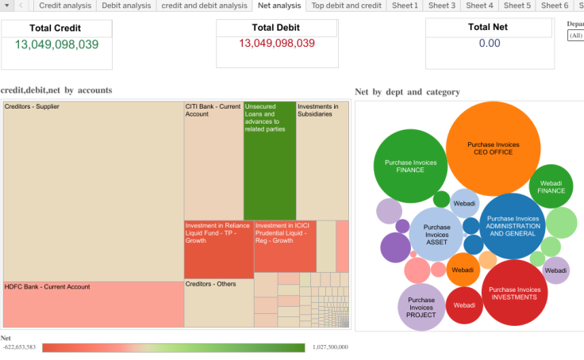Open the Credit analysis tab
pos(65,6)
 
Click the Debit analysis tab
pos(126,6)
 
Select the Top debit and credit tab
pos(346,6)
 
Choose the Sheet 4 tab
pos(479,6)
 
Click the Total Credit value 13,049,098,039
pos(57,44)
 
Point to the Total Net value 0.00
pos(489,44)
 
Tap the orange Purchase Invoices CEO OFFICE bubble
pos(494,148)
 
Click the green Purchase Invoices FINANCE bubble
pos(410,166)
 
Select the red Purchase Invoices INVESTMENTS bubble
pos(515,293)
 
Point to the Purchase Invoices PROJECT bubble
pos(421,307)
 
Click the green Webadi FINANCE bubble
pos(551,186)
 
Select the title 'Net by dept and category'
pos(407,92)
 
